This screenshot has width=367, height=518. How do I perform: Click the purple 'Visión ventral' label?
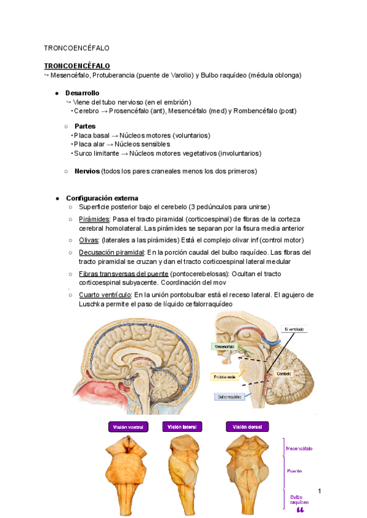pyautogui.click(x=127, y=426)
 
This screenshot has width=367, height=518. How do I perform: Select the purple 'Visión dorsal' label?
pyautogui.click(x=247, y=426)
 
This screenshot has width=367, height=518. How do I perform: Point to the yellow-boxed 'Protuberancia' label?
pyautogui.click(x=224, y=378)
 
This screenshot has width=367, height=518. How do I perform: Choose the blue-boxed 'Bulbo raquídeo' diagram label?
pyautogui.click(x=229, y=396)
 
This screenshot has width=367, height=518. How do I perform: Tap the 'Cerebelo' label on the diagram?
pyautogui.click(x=284, y=373)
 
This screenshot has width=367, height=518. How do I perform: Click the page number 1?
pyautogui.click(x=319, y=491)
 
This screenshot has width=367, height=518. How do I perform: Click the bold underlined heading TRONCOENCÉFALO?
pyautogui.click(x=76, y=65)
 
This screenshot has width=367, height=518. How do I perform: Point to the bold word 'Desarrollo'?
pyautogui.click(x=83, y=92)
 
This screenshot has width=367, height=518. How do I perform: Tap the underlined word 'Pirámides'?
pyautogui.click(x=94, y=219)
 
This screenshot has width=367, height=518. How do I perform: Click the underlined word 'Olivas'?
pyautogui.click(x=88, y=240)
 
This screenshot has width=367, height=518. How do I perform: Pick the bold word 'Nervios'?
pyautogui.click(x=87, y=172)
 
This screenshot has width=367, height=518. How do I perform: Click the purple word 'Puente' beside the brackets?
pyautogui.click(x=295, y=471)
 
